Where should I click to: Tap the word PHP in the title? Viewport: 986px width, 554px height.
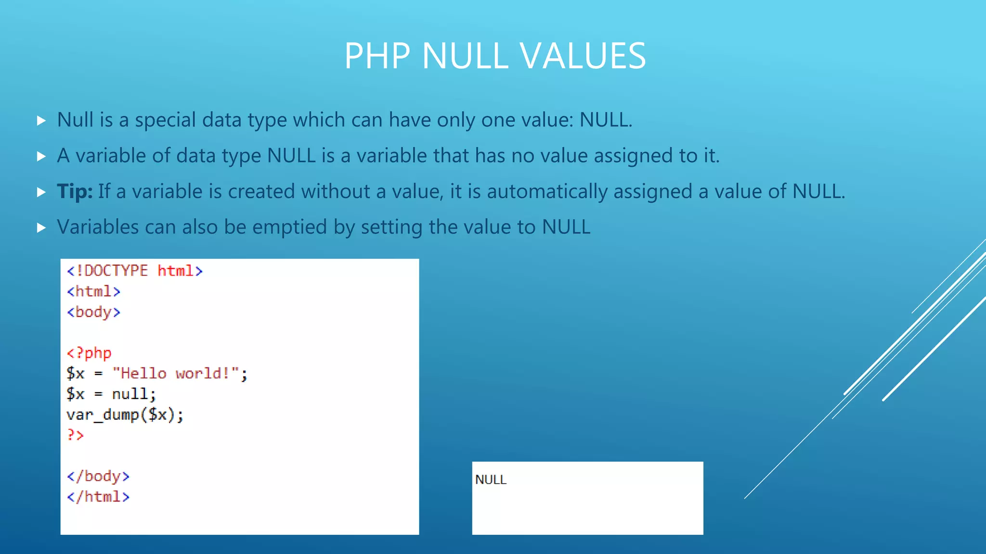[x=377, y=56]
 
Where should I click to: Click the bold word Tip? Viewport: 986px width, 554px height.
[x=75, y=191]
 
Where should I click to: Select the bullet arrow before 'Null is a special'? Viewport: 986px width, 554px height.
[x=41, y=120]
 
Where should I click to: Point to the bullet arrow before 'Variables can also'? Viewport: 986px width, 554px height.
[x=41, y=227]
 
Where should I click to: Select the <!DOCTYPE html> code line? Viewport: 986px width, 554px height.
[x=135, y=271]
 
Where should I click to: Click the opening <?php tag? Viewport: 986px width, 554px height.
[x=89, y=353]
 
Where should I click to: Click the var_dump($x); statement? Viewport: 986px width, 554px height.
[x=125, y=415]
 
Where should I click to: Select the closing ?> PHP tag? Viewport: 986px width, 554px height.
[x=75, y=435]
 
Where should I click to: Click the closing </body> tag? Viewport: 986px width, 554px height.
[x=98, y=476]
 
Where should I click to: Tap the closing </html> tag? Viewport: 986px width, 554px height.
[x=98, y=497]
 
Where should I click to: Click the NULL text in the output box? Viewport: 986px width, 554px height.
[x=491, y=479]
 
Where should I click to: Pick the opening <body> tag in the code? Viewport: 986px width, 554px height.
[x=93, y=312]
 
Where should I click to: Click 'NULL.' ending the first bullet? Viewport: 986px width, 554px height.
[x=606, y=120]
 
